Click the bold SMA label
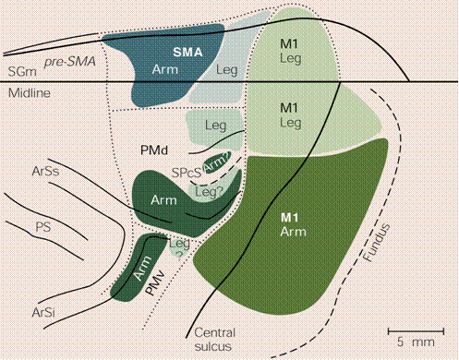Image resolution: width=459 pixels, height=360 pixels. pos(187,52)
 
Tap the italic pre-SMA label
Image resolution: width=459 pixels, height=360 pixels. pos(70,62)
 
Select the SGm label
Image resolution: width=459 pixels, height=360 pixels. pos(22,72)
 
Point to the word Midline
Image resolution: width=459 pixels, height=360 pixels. pos(30,93)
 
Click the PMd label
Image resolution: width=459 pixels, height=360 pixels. pos(154,150)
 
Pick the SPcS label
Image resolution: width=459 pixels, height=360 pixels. pos(187,173)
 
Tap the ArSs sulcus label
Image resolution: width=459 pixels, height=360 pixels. pos(45,171)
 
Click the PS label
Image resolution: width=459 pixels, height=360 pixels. pos(42,227)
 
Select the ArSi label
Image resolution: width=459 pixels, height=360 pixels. pos(43,313)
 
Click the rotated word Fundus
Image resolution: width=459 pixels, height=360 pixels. pos(377,243)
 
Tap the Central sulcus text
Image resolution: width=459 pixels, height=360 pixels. pos(214,340)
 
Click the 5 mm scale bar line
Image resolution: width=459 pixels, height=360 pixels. pos(416,331)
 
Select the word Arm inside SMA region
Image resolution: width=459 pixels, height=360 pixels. pos(165,69)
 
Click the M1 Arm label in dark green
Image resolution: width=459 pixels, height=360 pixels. pos(293,225)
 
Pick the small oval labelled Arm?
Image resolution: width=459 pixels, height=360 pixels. pos(218,163)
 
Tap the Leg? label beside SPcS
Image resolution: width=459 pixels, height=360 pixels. pos(210,192)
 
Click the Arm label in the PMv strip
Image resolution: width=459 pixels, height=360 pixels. pos(143,268)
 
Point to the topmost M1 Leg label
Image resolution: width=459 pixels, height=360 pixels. pos(290,51)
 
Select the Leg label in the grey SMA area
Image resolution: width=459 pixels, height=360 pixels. pos(227,70)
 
